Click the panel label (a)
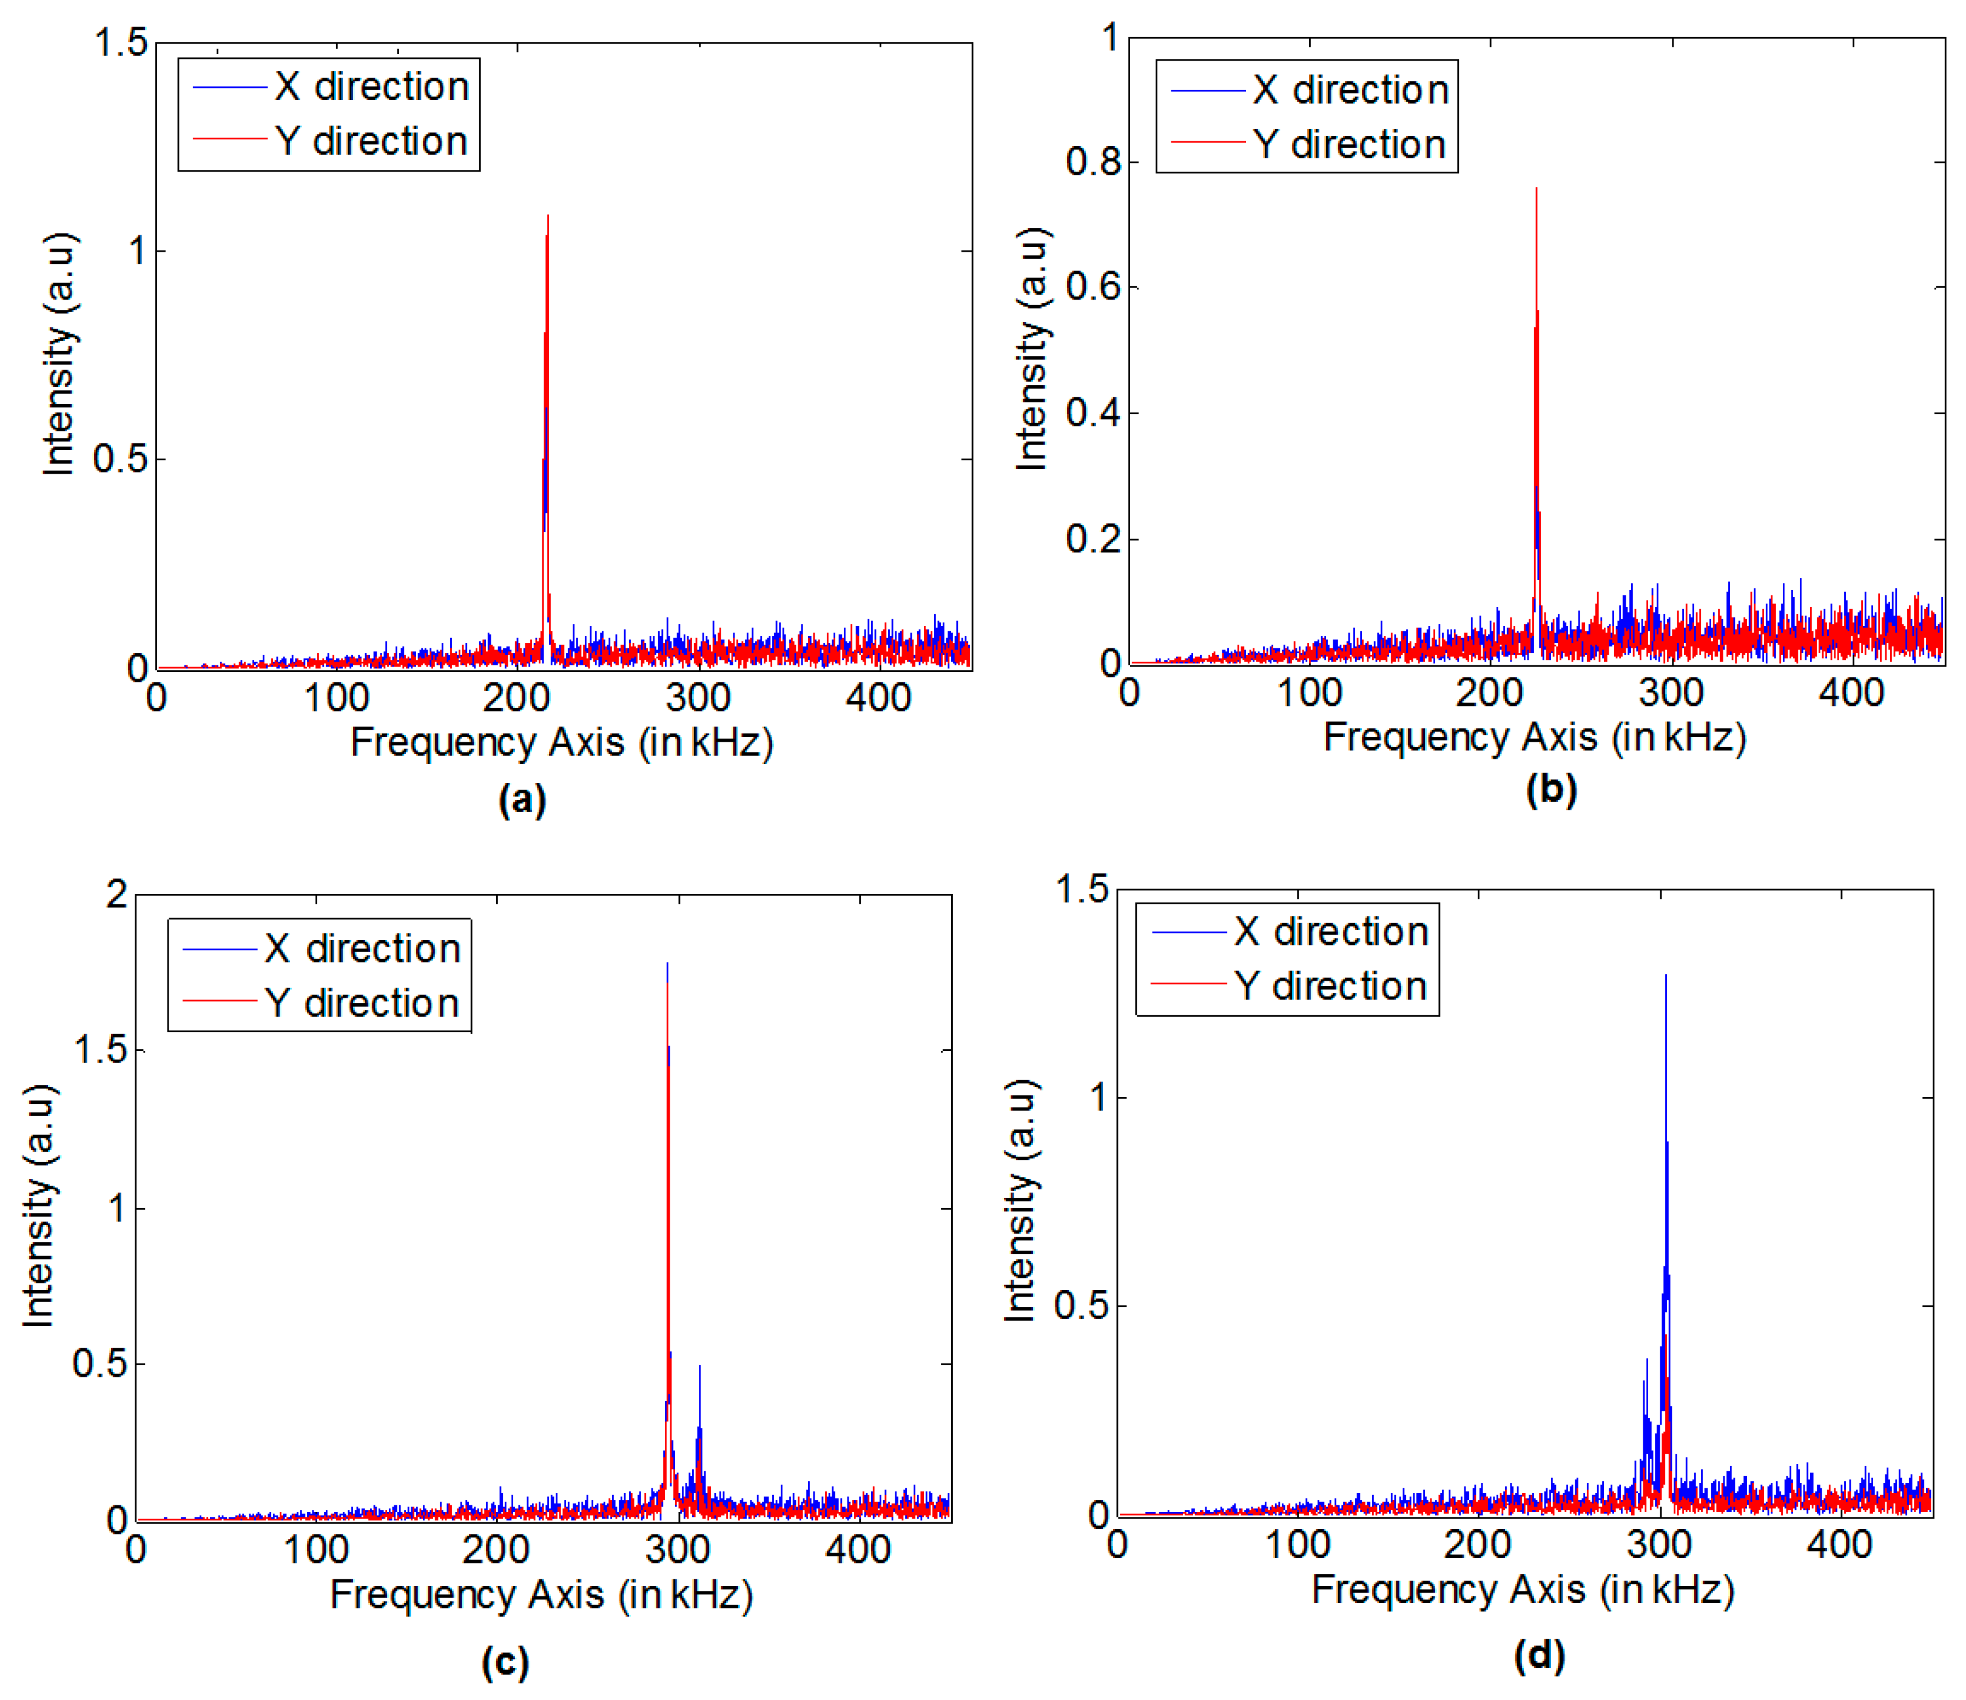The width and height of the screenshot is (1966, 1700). point(522,800)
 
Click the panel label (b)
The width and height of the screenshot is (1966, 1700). point(1551,789)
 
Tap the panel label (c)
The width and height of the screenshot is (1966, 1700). point(505,1661)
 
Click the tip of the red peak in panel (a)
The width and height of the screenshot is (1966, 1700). point(548,217)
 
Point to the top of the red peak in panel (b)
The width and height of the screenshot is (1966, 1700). point(1536,189)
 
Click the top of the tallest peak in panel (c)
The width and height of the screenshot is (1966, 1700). point(667,964)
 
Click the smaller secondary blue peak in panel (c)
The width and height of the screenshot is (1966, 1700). point(699,1367)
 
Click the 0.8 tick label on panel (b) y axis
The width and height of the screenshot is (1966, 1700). point(1093,161)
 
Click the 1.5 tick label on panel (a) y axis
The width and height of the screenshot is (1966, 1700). point(121,42)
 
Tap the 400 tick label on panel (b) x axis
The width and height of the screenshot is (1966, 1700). point(1851,693)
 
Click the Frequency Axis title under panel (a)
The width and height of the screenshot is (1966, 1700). point(562,742)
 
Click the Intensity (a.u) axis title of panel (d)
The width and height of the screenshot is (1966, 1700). point(1020,1200)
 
